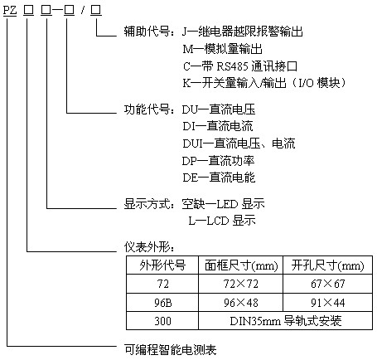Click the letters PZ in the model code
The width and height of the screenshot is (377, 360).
click(x=10, y=10)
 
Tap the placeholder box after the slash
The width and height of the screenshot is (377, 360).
click(x=96, y=10)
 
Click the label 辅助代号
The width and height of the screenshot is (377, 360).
click(x=147, y=32)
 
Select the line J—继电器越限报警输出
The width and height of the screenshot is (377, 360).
click(x=243, y=32)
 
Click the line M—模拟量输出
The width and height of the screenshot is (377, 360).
click(x=222, y=49)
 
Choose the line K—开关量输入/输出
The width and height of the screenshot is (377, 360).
click(x=234, y=83)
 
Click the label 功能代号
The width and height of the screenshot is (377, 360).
click(x=147, y=109)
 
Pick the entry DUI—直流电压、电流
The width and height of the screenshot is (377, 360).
click(x=239, y=144)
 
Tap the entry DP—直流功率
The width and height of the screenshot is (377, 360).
click(x=218, y=161)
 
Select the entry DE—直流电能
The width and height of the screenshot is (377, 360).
click(x=219, y=178)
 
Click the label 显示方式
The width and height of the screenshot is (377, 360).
click(x=147, y=204)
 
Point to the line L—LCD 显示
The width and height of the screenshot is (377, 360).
click(x=222, y=221)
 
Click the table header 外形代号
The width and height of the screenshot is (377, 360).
click(x=162, y=265)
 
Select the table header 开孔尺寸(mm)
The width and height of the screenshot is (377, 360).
click(x=327, y=265)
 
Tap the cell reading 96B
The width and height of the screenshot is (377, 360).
click(x=162, y=303)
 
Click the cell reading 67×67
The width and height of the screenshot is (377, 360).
click(x=327, y=284)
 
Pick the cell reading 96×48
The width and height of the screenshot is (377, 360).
click(x=241, y=303)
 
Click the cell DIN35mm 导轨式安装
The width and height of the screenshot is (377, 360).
click(x=286, y=321)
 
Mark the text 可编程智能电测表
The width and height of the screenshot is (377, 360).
click(x=170, y=350)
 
